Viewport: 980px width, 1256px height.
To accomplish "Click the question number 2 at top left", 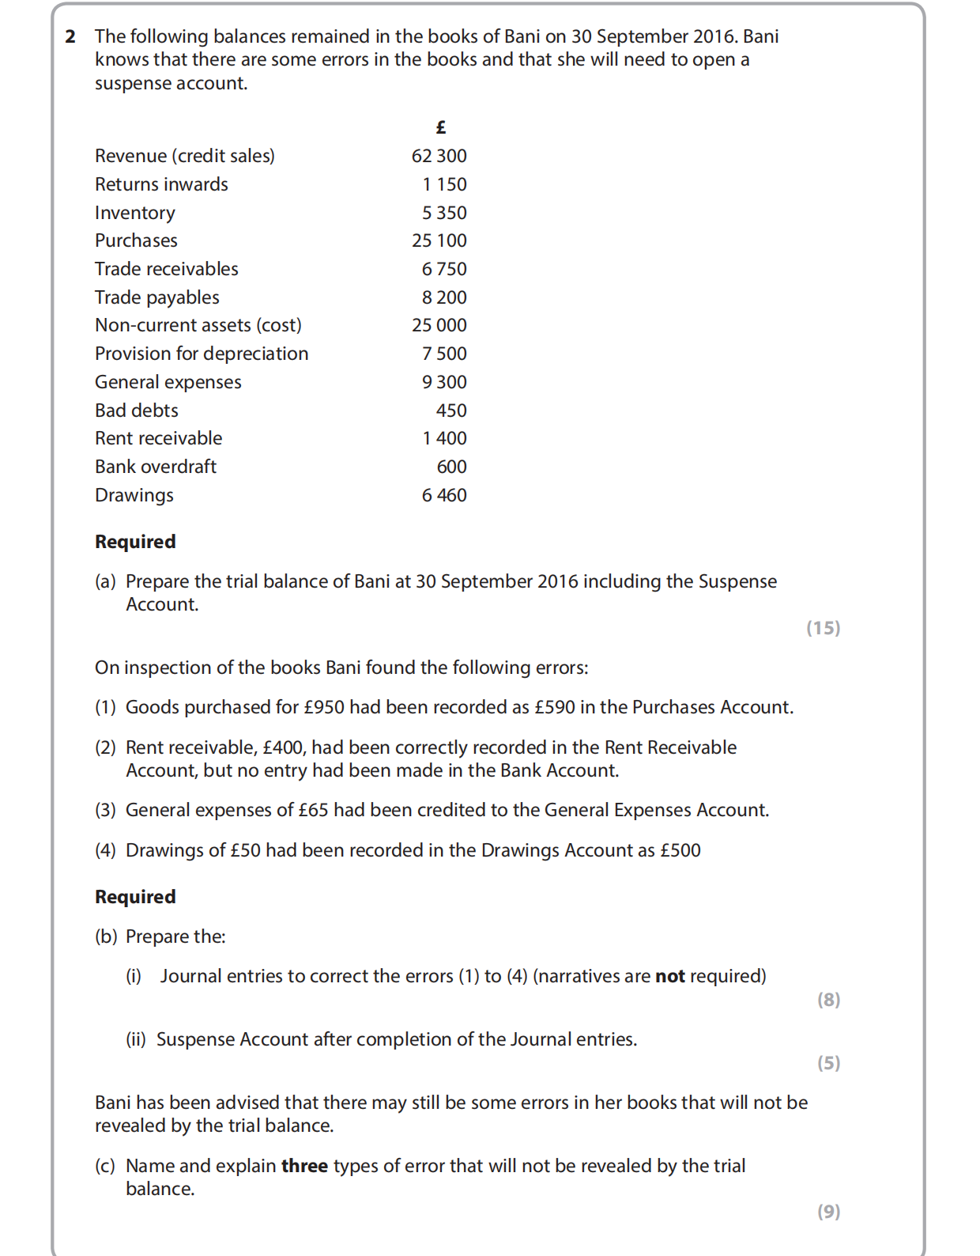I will click(x=70, y=36).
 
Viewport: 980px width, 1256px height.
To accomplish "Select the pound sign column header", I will click(x=441, y=127).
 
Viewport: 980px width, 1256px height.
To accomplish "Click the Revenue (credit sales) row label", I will click(x=184, y=156).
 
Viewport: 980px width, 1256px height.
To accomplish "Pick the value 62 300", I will click(x=439, y=156).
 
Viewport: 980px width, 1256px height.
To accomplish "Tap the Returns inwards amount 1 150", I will click(x=444, y=184).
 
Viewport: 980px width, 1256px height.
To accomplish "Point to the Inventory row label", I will click(x=135, y=213).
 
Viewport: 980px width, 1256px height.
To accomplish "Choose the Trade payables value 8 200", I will click(x=444, y=297).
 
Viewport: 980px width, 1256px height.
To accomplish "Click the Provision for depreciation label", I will click(x=202, y=354).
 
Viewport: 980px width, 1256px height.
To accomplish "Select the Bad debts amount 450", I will click(x=451, y=410).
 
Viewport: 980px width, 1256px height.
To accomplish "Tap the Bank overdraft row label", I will click(x=156, y=467).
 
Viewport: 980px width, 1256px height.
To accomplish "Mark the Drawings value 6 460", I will click(x=444, y=495).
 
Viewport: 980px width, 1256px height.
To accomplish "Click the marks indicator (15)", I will click(x=823, y=628).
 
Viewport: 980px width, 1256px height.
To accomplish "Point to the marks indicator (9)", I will click(x=828, y=1212).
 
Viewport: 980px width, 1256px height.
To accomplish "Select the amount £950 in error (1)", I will click(x=324, y=707).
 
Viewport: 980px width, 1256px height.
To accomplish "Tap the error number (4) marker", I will click(x=105, y=850).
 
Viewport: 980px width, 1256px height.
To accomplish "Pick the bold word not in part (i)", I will click(x=670, y=976).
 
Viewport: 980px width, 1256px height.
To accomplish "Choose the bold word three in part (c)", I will click(x=304, y=1166).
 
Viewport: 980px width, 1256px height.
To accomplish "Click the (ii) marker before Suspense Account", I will click(x=136, y=1039).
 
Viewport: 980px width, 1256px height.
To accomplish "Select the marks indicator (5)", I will click(x=828, y=1063).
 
